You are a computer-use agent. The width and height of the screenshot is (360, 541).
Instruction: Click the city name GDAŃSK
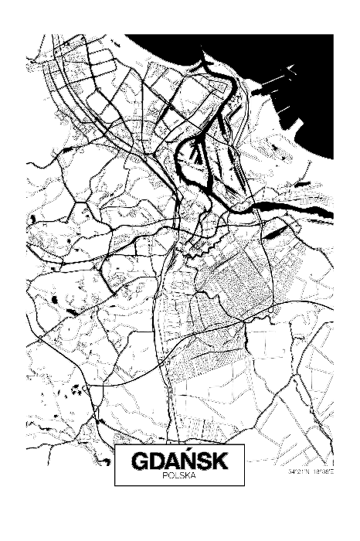pyautogui.click(x=179, y=462)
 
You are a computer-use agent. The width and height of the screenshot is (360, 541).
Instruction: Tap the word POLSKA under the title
pyautogui.click(x=179, y=476)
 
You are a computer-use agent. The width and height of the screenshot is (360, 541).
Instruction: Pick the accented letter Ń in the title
pyautogui.click(x=187, y=461)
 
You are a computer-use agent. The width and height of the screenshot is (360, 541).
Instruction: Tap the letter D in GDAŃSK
pyautogui.click(x=157, y=462)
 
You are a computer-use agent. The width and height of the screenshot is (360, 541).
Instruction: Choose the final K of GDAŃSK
pyautogui.click(x=219, y=462)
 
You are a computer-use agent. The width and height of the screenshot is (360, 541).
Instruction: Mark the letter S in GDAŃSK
pyautogui.click(x=203, y=462)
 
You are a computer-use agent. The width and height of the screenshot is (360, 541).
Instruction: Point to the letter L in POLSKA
pyautogui.click(x=176, y=476)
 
